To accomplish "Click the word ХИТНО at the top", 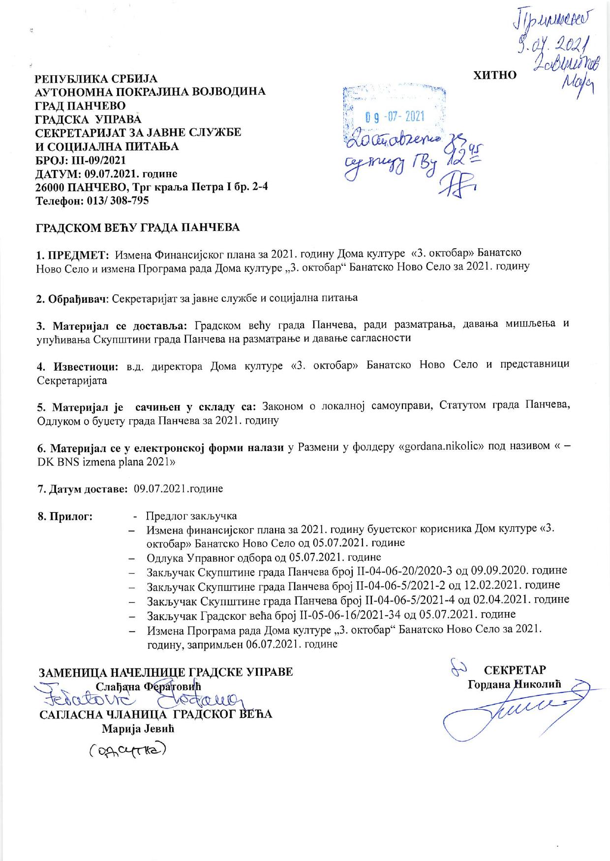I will pyautogui.click(x=494, y=75).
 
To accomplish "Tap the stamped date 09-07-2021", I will pyautogui.click(x=395, y=116).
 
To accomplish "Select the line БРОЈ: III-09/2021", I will pyautogui.click(x=81, y=160).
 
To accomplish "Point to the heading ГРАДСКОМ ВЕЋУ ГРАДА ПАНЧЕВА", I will pyautogui.click(x=138, y=228).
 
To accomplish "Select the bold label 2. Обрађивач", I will pyautogui.click(x=72, y=298).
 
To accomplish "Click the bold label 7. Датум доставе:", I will pyautogui.click(x=83, y=488).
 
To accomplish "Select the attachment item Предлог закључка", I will pyautogui.click(x=191, y=516).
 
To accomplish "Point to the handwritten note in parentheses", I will pyautogui.click(x=127, y=750).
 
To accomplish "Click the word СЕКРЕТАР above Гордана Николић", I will pyautogui.click(x=515, y=670).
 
